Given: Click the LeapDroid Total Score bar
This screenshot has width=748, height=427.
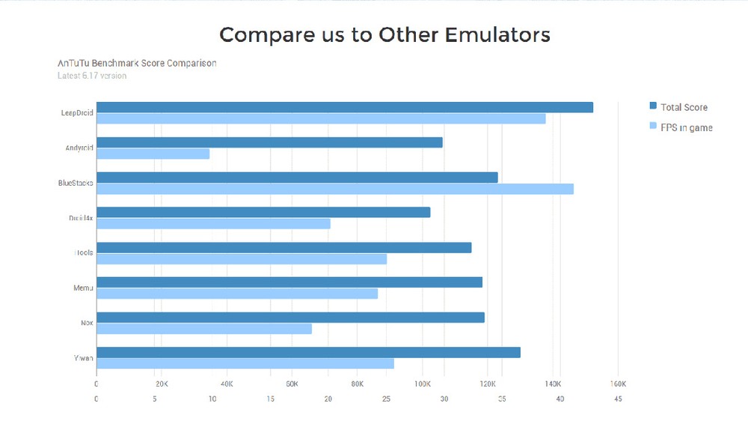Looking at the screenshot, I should click(x=344, y=107).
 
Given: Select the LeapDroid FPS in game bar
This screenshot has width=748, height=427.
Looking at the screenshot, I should click(x=321, y=118).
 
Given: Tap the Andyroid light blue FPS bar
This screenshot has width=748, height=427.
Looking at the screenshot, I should click(x=153, y=154).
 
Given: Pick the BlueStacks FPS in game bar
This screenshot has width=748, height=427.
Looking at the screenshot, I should click(x=334, y=189).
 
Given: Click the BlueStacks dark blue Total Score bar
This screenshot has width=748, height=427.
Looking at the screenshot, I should click(x=297, y=177).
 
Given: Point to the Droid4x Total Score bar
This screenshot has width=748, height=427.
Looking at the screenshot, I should click(x=263, y=212).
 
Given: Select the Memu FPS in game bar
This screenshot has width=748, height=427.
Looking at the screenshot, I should click(x=237, y=294).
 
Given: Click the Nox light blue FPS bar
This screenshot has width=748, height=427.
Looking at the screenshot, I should click(x=204, y=329).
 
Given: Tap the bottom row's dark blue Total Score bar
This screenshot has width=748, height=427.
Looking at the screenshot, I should click(x=308, y=352).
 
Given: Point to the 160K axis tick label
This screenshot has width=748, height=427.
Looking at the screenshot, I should click(x=617, y=384).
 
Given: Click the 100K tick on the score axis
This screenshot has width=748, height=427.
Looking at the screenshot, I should click(x=423, y=384).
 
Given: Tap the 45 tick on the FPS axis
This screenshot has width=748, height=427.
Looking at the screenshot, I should click(x=618, y=399).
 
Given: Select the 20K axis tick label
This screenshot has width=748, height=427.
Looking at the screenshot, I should click(x=162, y=384).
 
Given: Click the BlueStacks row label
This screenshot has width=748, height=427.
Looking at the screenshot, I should click(x=76, y=183).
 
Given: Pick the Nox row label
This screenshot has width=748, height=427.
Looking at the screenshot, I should click(x=87, y=323).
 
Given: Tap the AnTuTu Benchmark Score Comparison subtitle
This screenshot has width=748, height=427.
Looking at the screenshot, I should click(x=137, y=63).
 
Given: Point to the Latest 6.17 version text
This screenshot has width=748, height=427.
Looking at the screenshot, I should click(x=92, y=76).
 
